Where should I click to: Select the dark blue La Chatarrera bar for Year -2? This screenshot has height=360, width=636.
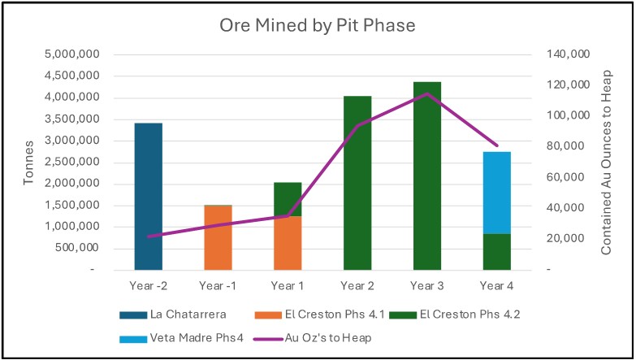(x=148, y=196)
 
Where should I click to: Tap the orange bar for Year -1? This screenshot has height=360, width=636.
(x=218, y=236)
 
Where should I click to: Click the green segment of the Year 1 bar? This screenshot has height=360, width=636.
(x=288, y=199)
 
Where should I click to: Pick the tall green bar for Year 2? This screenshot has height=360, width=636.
(x=357, y=182)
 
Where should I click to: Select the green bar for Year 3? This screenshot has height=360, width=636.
(x=427, y=175)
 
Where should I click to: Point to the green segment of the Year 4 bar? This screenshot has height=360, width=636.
(x=497, y=251)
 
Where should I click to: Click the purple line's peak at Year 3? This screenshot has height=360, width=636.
(x=427, y=93)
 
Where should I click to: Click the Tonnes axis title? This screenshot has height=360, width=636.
(x=29, y=162)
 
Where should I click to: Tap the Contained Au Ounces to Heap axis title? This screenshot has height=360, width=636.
(x=606, y=162)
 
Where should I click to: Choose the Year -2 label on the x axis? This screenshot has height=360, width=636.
(x=148, y=285)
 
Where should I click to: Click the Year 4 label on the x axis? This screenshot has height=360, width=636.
(x=497, y=285)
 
